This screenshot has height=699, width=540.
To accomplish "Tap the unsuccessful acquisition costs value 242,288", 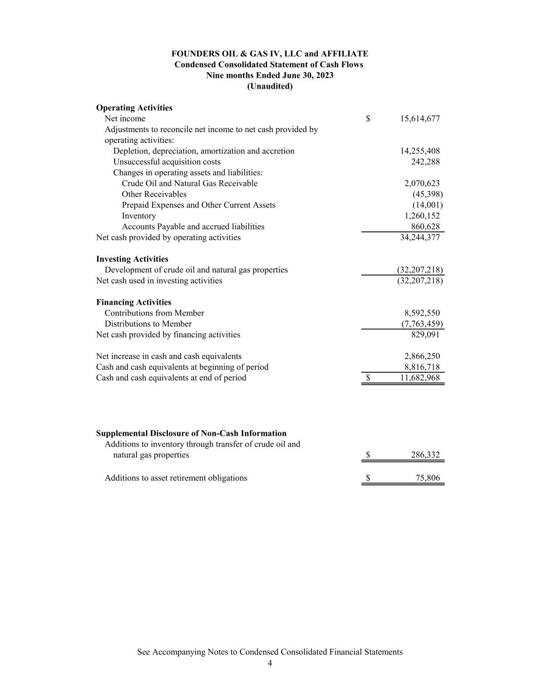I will [x=425, y=162].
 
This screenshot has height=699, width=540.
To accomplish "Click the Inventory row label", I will [x=139, y=216].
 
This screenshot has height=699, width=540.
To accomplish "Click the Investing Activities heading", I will [x=132, y=259].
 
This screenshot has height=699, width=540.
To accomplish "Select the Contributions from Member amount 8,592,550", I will [x=422, y=313].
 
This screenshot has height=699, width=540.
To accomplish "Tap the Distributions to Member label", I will [x=148, y=324].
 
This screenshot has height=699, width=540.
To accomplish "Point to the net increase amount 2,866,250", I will [x=422, y=356].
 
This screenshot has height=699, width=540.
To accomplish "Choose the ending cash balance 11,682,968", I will [x=420, y=378].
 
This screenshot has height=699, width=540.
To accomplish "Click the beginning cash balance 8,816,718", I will [x=422, y=367].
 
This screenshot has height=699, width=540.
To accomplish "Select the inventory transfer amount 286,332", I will [x=425, y=455].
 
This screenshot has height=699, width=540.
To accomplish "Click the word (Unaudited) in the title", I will [x=270, y=87].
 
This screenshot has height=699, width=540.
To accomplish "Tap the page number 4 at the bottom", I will [x=270, y=663].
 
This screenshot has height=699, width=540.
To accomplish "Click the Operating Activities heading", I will [x=134, y=108].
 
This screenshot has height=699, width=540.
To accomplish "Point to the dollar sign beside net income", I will [x=368, y=119].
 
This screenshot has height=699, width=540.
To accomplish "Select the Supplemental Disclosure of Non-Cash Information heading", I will [x=191, y=433].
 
